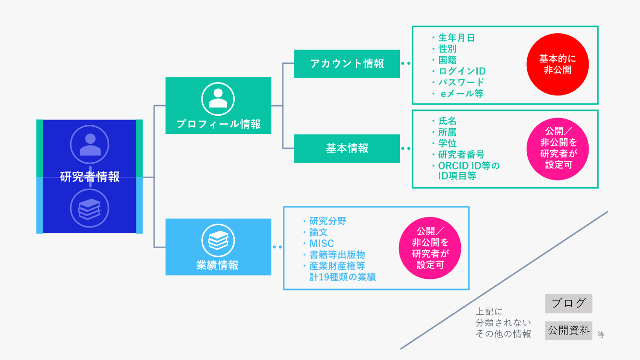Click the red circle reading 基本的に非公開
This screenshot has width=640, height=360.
pyautogui.click(x=557, y=64)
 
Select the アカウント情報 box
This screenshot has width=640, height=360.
pyautogui.click(x=347, y=63)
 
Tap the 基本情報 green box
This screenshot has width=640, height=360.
pyautogui.click(x=347, y=148)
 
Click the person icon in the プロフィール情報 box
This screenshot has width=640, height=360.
pyautogui.click(x=218, y=98)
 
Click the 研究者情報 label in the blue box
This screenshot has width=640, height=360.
pyautogui.click(x=90, y=177)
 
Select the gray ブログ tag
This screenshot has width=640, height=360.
pyautogui.click(x=568, y=303)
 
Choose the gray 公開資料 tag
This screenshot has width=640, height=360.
pyautogui.click(x=568, y=331)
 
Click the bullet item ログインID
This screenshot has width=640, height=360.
pyautogui.click(x=461, y=72)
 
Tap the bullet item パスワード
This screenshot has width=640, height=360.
pyautogui.click(x=461, y=83)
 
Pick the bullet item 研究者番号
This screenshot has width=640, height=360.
pyautogui.click(x=461, y=155)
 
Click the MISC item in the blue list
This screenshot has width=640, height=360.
pyautogui.click(x=321, y=243)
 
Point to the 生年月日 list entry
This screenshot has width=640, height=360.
pyautogui.click(x=456, y=38)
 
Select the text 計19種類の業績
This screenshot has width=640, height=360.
pyautogui.click(x=342, y=277)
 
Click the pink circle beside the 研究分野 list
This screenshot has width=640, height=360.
pyautogui.click(x=430, y=248)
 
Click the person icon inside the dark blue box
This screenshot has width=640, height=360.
pyautogui.click(x=90, y=144)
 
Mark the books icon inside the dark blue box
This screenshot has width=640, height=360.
pyautogui.click(x=90, y=208)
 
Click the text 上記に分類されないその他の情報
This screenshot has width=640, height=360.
pyautogui.click(x=503, y=323)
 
